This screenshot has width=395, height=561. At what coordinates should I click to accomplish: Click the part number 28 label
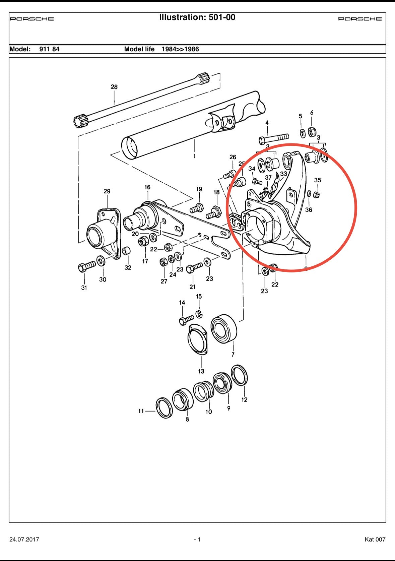coord(114,87)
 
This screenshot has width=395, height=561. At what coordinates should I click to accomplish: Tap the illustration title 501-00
coord(197,17)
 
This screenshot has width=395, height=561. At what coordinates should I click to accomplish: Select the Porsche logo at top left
coord(32,19)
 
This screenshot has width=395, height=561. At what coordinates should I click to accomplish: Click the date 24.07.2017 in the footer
coord(24,539)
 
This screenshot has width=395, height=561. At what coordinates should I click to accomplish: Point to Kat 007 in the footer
coord(375,539)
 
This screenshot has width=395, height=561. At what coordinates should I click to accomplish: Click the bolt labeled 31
coord(86,267)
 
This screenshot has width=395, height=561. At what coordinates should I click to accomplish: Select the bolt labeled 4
coord(274,138)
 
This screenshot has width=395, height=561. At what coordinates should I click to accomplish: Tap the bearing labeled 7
coord(224,328)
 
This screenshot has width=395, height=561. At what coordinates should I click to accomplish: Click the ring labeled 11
coord(164,408)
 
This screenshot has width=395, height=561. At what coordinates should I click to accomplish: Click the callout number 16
coord(147,187)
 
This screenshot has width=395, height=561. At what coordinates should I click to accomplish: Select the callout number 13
coord(201,371)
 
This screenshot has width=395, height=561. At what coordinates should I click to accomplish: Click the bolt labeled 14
coord(186,319)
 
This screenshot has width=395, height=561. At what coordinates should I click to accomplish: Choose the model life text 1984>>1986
coord(180,49)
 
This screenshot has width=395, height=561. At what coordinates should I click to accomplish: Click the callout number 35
coord(317,180)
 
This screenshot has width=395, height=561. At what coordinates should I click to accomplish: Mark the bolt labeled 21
coord(194,267)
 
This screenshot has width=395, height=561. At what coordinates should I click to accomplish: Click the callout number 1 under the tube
coord(194,156)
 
